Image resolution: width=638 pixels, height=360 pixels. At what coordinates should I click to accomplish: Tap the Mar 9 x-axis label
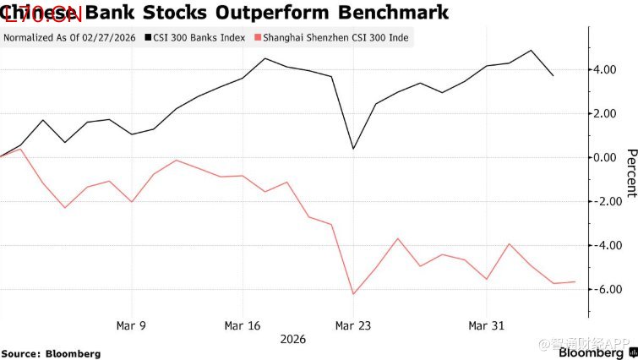[x=131, y=325]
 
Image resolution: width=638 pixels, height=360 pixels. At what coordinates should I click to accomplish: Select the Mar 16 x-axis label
[x=243, y=325]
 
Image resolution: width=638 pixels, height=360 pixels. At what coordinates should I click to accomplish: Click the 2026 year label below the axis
[x=292, y=339]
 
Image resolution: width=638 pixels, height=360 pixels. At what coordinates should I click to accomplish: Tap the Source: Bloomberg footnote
[x=51, y=352]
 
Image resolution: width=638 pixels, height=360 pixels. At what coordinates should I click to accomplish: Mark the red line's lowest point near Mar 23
[x=353, y=294]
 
